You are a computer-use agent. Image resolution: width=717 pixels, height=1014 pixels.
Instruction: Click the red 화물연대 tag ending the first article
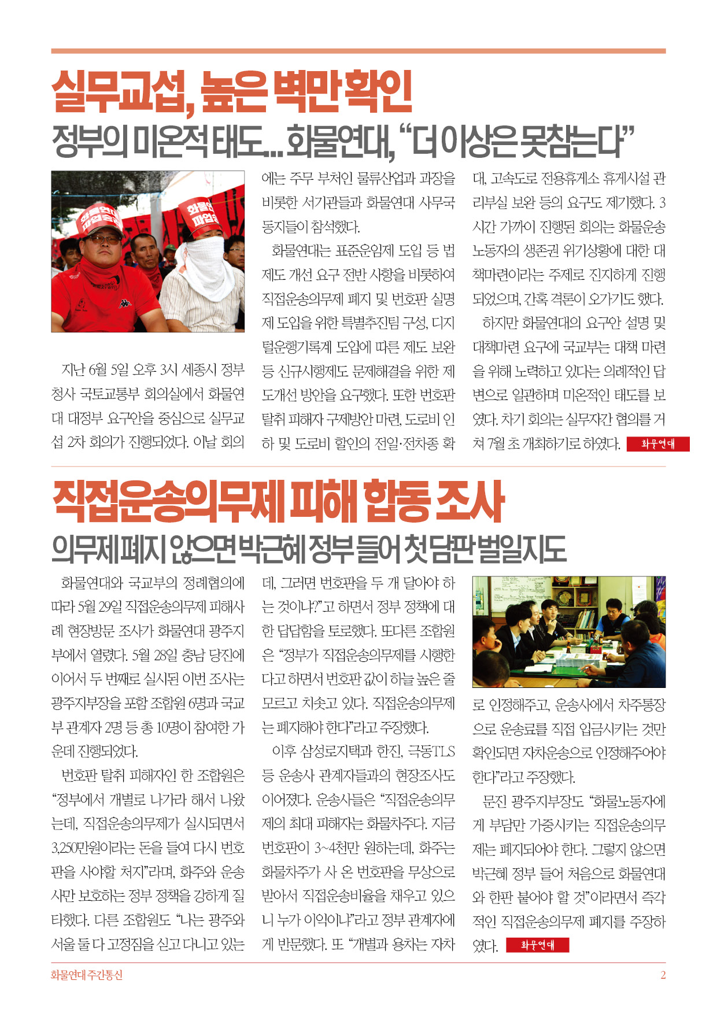tap(658, 444)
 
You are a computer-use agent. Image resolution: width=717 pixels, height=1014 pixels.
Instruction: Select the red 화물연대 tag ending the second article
tap(537, 945)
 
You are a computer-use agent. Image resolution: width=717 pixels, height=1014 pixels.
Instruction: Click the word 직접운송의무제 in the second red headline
tap(168, 502)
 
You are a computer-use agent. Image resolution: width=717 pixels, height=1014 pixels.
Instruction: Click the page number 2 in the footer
tap(663, 975)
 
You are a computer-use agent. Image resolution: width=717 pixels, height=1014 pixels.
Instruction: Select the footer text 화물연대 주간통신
tap(87, 975)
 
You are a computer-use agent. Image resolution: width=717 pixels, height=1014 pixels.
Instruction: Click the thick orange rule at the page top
tap(358, 51)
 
